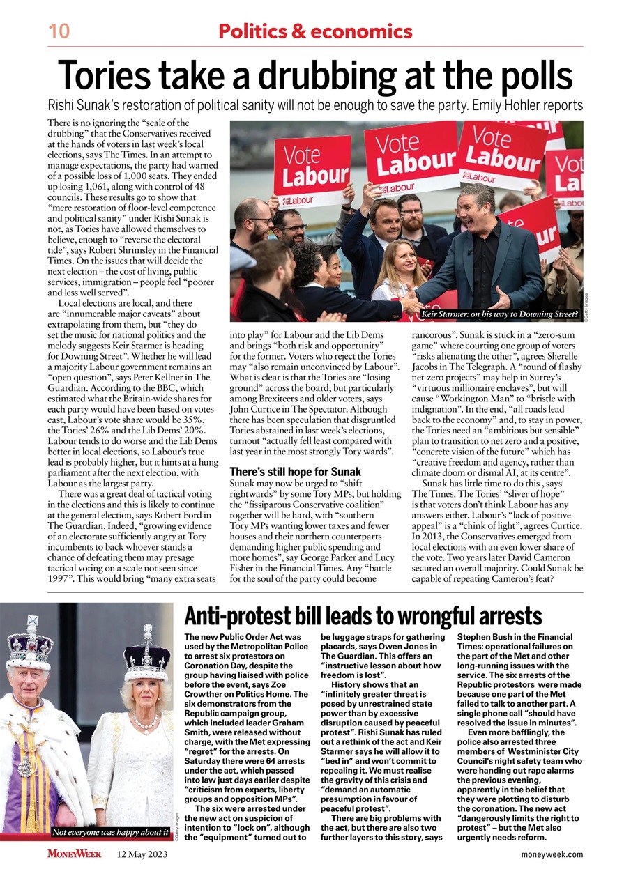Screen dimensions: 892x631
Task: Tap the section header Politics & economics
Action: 315,31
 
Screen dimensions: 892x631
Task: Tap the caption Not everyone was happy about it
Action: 111,832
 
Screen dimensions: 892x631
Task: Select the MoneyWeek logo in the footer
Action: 75,854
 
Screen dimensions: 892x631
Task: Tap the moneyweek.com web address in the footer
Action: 552,854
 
